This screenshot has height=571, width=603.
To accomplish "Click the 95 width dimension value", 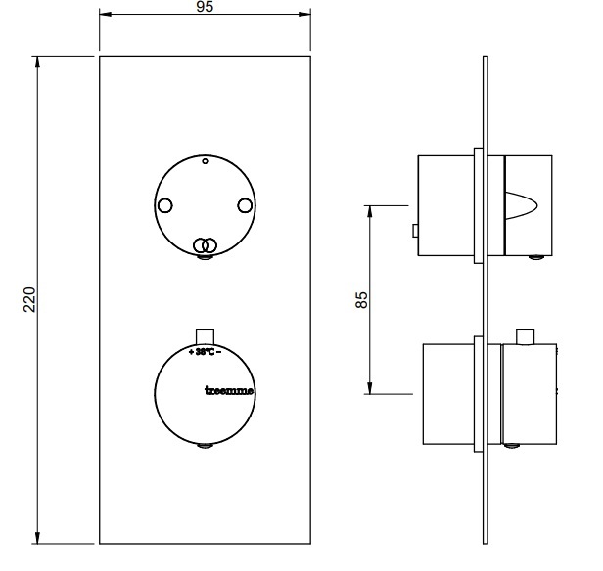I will [x=205, y=7].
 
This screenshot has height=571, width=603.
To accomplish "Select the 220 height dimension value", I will [x=29, y=299].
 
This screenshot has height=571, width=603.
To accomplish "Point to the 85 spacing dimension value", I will [x=361, y=299].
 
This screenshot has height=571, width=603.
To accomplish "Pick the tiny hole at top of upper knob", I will [x=205, y=160].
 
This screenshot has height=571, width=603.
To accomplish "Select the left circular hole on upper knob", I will [x=164, y=205].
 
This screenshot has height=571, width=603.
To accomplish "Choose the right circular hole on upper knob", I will [x=245, y=205].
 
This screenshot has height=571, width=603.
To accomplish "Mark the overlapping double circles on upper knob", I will [x=204, y=244].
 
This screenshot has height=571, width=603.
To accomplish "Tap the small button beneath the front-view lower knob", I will [x=205, y=448].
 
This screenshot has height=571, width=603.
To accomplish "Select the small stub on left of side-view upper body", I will [x=415, y=232].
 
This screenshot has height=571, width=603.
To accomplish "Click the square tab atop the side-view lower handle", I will [x=525, y=337].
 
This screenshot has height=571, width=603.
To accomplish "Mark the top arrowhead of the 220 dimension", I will [x=38, y=61].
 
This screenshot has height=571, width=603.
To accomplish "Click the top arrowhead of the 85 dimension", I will [x=371, y=210].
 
